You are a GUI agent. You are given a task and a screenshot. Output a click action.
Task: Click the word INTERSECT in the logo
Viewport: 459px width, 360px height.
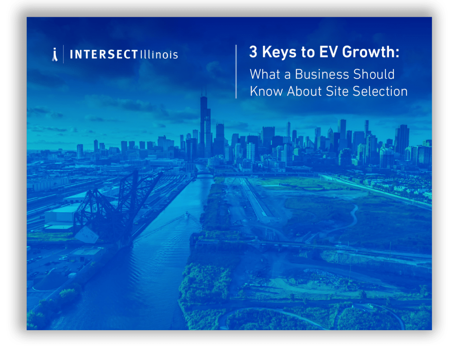coord(104,54)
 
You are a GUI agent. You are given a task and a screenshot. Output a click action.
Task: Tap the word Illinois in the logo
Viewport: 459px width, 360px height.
coord(159,54)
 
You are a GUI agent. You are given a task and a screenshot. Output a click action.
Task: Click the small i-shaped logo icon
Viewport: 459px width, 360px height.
coord(55,54)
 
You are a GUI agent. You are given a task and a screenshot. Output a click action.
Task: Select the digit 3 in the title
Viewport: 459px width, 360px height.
coord(253,52)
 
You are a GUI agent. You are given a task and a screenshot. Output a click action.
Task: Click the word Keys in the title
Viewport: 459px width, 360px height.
coord(279,52)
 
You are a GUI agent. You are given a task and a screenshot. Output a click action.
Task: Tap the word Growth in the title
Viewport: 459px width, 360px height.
coord(369,52)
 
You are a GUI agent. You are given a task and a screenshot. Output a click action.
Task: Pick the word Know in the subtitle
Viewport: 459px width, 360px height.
coord(266,91)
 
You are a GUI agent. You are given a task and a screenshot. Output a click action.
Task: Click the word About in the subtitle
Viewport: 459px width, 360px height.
coord(304,91)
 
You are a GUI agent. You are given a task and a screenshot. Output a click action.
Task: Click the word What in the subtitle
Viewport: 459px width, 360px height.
coord(265,74)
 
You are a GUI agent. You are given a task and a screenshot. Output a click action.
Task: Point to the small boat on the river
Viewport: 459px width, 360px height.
coord(187,214)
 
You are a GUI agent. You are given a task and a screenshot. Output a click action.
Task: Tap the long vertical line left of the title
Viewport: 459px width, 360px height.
coord(236,72)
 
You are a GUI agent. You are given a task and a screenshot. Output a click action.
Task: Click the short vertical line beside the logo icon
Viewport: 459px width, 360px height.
coord(63,54)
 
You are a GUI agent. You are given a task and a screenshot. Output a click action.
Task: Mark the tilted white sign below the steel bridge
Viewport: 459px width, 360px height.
coord(87,235)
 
